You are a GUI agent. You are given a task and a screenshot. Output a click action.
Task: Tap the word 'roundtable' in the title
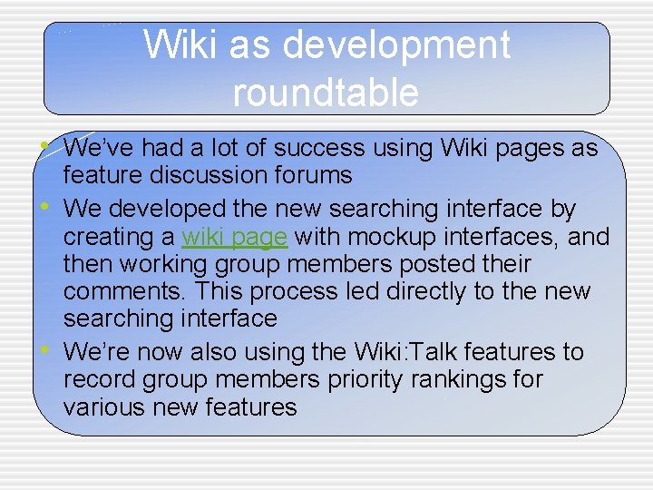point(326,93)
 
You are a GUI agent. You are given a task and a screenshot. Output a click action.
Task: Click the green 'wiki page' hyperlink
point(235,237)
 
